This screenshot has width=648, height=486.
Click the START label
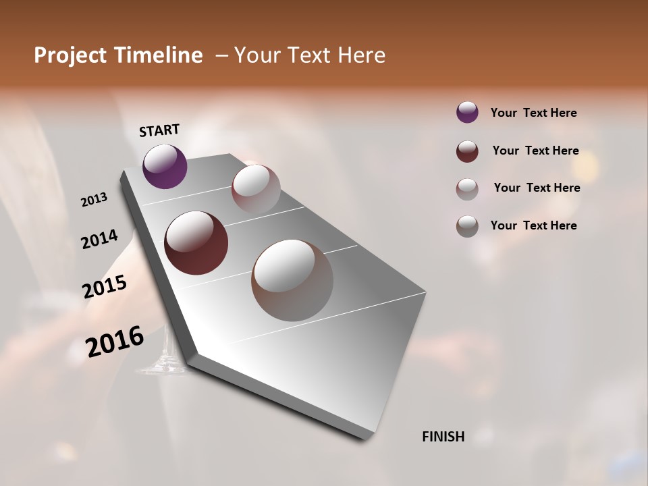pyautogui.click(x=159, y=130)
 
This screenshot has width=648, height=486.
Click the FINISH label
pyautogui.click(x=443, y=437)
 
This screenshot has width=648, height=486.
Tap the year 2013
pyautogui.click(x=94, y=200)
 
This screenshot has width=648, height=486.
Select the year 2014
pyautogui.click(x=99, y=239)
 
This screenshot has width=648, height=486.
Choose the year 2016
pyautogui.click(x=115, y=341)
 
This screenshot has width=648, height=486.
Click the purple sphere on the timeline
pyautogui.click(x=165, y=166)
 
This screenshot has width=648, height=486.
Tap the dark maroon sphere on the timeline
pyautogui.click(x=196, y=243)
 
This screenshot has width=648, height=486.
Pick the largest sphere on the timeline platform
pyautogui.click(x=292, y=280)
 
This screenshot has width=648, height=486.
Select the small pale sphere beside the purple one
pyautogui.click(x=256, y=189)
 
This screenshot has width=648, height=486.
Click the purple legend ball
pyautogui.click(x=467, y=112)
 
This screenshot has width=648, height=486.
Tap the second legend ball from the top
pyautogui.click(x=467, y=151)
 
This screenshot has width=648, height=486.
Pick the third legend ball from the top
pyautogui.click(x=467, y=189)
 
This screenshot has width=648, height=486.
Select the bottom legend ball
pyautogui.click(x=467, y=226)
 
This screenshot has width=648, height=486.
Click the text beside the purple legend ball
pyautogui.click(x=533, y=113)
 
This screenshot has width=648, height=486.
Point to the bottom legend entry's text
pyautogui.click(x=533, y=225)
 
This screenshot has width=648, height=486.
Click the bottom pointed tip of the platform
pyautogui.click(x=364, y=437)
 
